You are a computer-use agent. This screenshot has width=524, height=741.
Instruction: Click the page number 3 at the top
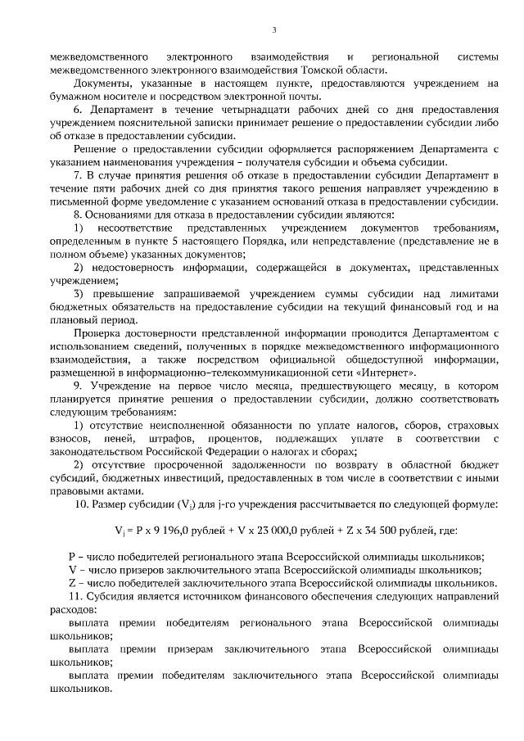[274, 31]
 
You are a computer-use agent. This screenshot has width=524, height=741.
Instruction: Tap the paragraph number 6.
[78, 110]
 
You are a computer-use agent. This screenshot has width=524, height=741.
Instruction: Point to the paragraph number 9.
[78, 385]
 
